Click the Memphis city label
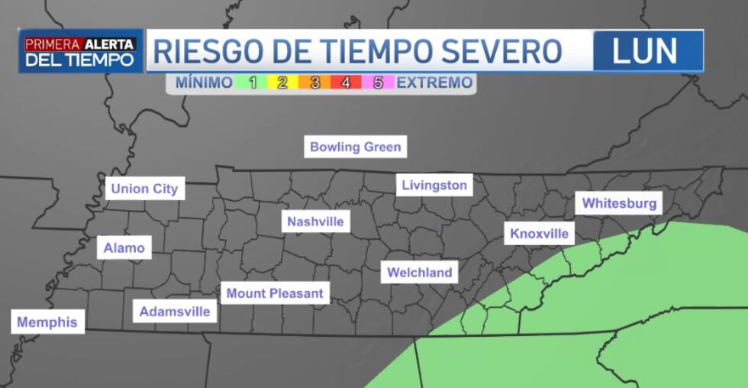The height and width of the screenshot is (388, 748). click(x=47, y=322)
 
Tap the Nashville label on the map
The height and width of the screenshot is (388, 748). click(x=315, y=222)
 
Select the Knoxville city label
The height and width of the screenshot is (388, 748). click(x=540, y=233)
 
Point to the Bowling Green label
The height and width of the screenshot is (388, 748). click(x=355, y=147)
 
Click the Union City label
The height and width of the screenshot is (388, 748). click(x=144, y=189)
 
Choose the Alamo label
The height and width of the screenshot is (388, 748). click(x=124, y=247)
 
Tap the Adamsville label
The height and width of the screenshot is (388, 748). click(x=175, y=312)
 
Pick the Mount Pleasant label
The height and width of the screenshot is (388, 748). click(x=275, y=293)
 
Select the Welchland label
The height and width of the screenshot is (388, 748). click(x=419, y=273)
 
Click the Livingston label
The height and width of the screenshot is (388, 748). click(x=434, y=185)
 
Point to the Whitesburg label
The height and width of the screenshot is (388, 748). click(x=619, y=203)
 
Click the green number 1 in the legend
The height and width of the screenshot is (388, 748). click(x=253, y=82)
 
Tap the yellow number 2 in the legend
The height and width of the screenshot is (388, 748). click(x=282, y=82)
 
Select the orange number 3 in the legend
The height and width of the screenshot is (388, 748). click(x=314, y=82)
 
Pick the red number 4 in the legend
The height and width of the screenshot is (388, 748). click(x=346, y=82)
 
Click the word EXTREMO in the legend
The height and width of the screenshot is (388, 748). click(x=435, y=82)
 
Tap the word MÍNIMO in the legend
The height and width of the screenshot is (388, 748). click(x=204, y=82)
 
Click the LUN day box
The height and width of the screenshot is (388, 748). click(x=646, y=51)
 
